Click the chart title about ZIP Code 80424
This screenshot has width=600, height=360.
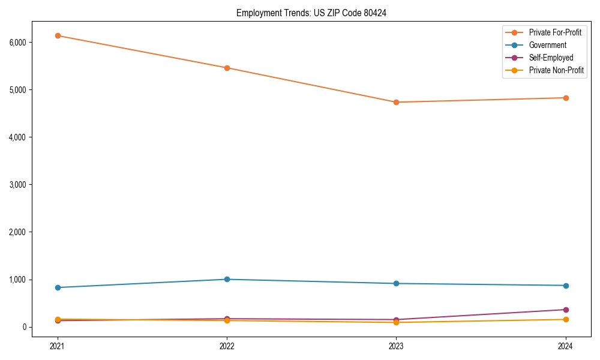coord(311,13)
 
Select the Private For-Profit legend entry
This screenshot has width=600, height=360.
coord(555,32)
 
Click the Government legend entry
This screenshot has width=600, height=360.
coord(547,45)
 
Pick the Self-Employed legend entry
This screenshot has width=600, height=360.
coord(551,58)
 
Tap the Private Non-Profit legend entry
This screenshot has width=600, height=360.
coord(556,70)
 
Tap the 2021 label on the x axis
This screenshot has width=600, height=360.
coord(58,346)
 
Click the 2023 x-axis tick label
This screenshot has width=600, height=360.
coord(396,346)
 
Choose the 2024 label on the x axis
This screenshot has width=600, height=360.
coord(565,346)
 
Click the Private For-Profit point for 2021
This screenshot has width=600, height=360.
coord(58,35)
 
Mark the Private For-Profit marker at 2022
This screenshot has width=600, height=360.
coord(227,68)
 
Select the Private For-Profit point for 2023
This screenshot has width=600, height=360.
coord(396,102)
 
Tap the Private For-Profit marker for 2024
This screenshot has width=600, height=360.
coord(565,98)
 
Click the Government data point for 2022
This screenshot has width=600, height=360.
coord(227,279)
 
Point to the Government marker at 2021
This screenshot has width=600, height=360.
coord(58,287)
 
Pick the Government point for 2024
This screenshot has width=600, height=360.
coord(565,286)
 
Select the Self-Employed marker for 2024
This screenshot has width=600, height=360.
coord(565,310)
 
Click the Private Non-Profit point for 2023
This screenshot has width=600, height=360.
coord(396,323)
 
